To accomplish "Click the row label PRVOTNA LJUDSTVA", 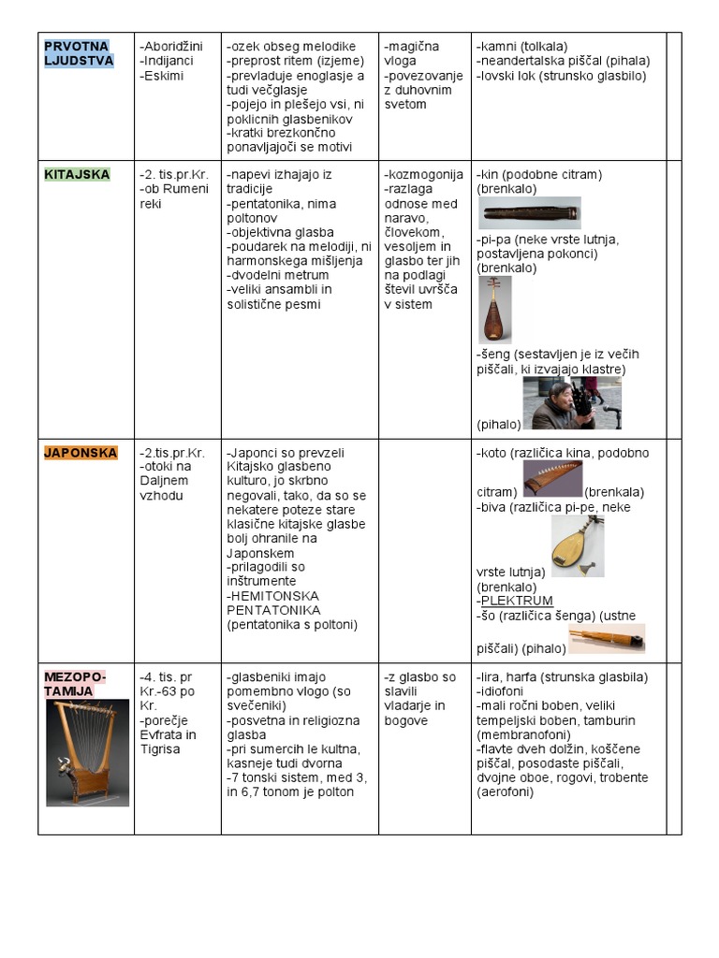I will [78, 53].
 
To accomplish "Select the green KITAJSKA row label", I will [77, 174].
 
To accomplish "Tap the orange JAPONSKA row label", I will [81, 453].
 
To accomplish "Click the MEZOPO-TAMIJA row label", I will [76, 684].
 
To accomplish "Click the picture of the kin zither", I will [530, 213].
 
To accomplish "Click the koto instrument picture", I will [552, 478].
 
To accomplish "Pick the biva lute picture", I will [577, 545].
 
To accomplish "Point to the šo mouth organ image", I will [607, 639].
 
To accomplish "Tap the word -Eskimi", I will [161, 76].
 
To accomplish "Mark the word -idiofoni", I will [504, 691].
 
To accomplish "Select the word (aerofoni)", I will [505, 792].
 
